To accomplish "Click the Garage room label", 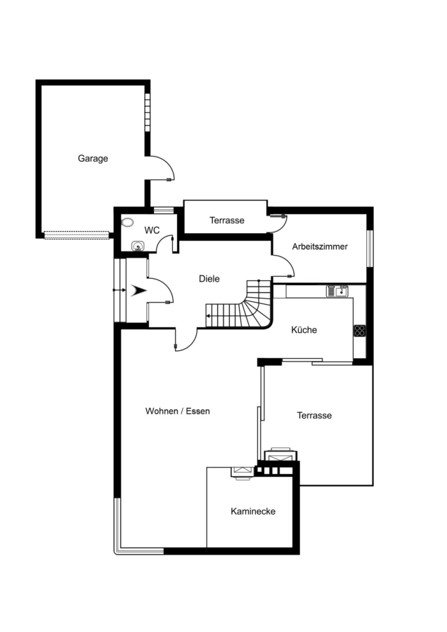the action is point(93,159).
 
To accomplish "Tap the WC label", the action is point(152,230).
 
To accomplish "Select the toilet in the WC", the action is point(128,222).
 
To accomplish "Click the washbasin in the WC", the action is point(138,246).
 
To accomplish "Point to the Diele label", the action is point(209,279).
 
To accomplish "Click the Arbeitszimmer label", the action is point(320,246).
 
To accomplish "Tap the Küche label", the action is point(304,330).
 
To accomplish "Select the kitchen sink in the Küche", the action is point(337,291).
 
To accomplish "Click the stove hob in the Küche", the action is point(359,331).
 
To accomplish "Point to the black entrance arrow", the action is point(138,290).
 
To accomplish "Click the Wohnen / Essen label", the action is point(178,411).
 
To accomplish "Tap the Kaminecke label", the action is point(253,511).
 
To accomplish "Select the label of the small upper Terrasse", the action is point(227,220).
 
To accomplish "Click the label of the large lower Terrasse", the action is point(314,416).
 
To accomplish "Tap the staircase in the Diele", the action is point(239,305).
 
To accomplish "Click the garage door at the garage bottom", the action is point(77,235).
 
